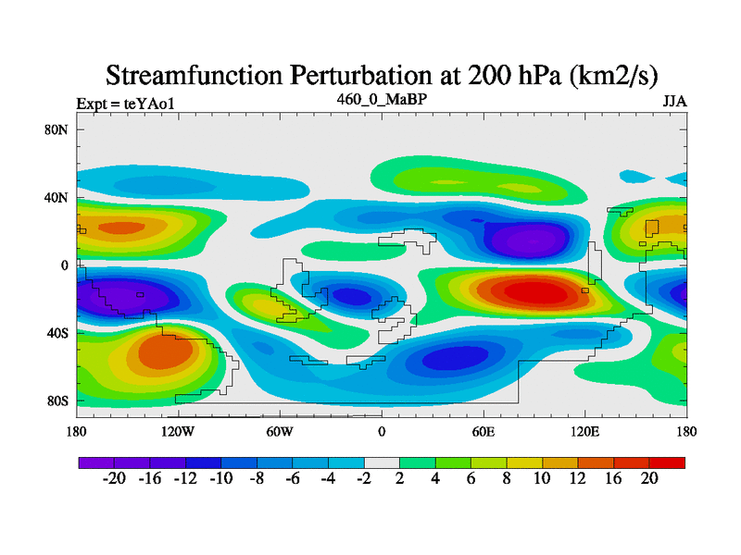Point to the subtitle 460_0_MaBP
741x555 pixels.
click(381, 97)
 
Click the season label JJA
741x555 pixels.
click(673, 102)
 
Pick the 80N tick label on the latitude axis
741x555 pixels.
click(57, 129)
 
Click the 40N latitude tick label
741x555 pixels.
click(57, 197)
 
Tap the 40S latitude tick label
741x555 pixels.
click(57, 333)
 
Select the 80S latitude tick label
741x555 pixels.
click(57, 401)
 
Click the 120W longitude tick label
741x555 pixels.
click(177, 431)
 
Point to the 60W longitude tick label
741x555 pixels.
click(279, 431)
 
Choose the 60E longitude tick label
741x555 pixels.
click(483, 431)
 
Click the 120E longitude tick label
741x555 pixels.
click(584, 431)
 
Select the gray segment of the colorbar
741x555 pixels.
click(382, 462)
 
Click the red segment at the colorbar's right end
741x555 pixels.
click(667, 462)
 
